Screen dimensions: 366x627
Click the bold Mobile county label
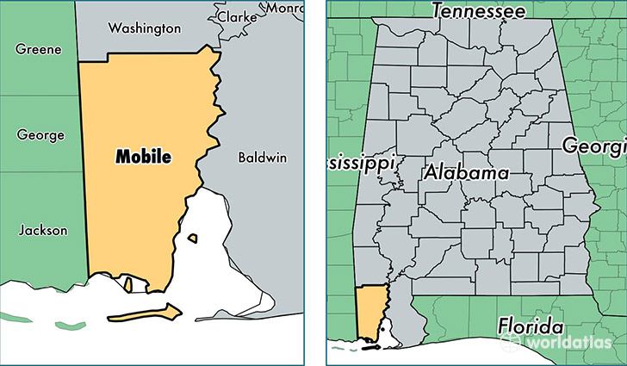[x=143, y=157]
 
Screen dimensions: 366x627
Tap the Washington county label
[x=144, y=28]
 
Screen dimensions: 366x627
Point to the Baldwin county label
[x=263, y=158]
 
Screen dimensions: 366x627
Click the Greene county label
[x=38, y=49]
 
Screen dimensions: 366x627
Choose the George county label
[x=40, y=135]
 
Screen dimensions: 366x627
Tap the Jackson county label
[x=42, y=229]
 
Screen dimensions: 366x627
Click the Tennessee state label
[x=478, y=11]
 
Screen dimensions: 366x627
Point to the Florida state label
[x=530, y=327]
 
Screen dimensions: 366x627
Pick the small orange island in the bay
[x=194, y=238]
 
